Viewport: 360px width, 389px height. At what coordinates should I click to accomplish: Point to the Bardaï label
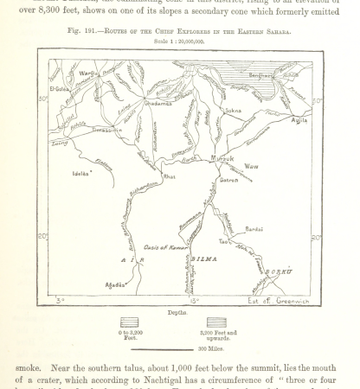click(254, 228)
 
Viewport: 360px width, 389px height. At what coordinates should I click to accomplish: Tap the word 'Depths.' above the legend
click(179, 310)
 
